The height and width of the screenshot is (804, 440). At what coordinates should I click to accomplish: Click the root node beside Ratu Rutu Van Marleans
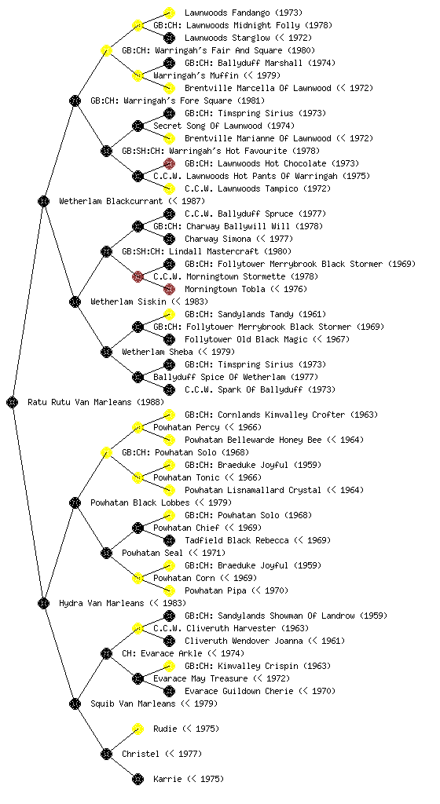point(13,402)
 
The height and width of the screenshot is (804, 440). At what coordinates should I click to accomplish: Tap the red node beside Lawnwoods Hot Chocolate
point(169,163)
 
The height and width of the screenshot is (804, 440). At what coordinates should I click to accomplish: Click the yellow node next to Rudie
point(137,729)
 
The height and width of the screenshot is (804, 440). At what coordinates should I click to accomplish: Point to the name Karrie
point(167,779)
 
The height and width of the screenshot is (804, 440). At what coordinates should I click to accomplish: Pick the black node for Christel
point(106,754)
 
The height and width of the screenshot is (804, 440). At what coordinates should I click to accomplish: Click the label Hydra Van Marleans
point(101,603)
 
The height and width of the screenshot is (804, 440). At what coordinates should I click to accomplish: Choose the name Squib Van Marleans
point(133,703)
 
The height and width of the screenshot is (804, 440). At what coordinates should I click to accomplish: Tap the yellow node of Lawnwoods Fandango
point(169,13)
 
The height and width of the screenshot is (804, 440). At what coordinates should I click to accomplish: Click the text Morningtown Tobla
point(225,289)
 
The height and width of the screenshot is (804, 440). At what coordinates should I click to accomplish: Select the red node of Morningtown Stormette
point(137,277)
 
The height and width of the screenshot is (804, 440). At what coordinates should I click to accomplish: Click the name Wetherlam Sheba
point(157,352)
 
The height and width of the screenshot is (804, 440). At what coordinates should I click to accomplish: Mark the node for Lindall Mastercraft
point(106,251)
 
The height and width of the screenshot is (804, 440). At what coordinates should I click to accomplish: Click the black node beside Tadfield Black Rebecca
point(169,540)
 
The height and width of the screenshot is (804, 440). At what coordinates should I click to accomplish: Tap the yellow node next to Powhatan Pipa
point(169,590)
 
